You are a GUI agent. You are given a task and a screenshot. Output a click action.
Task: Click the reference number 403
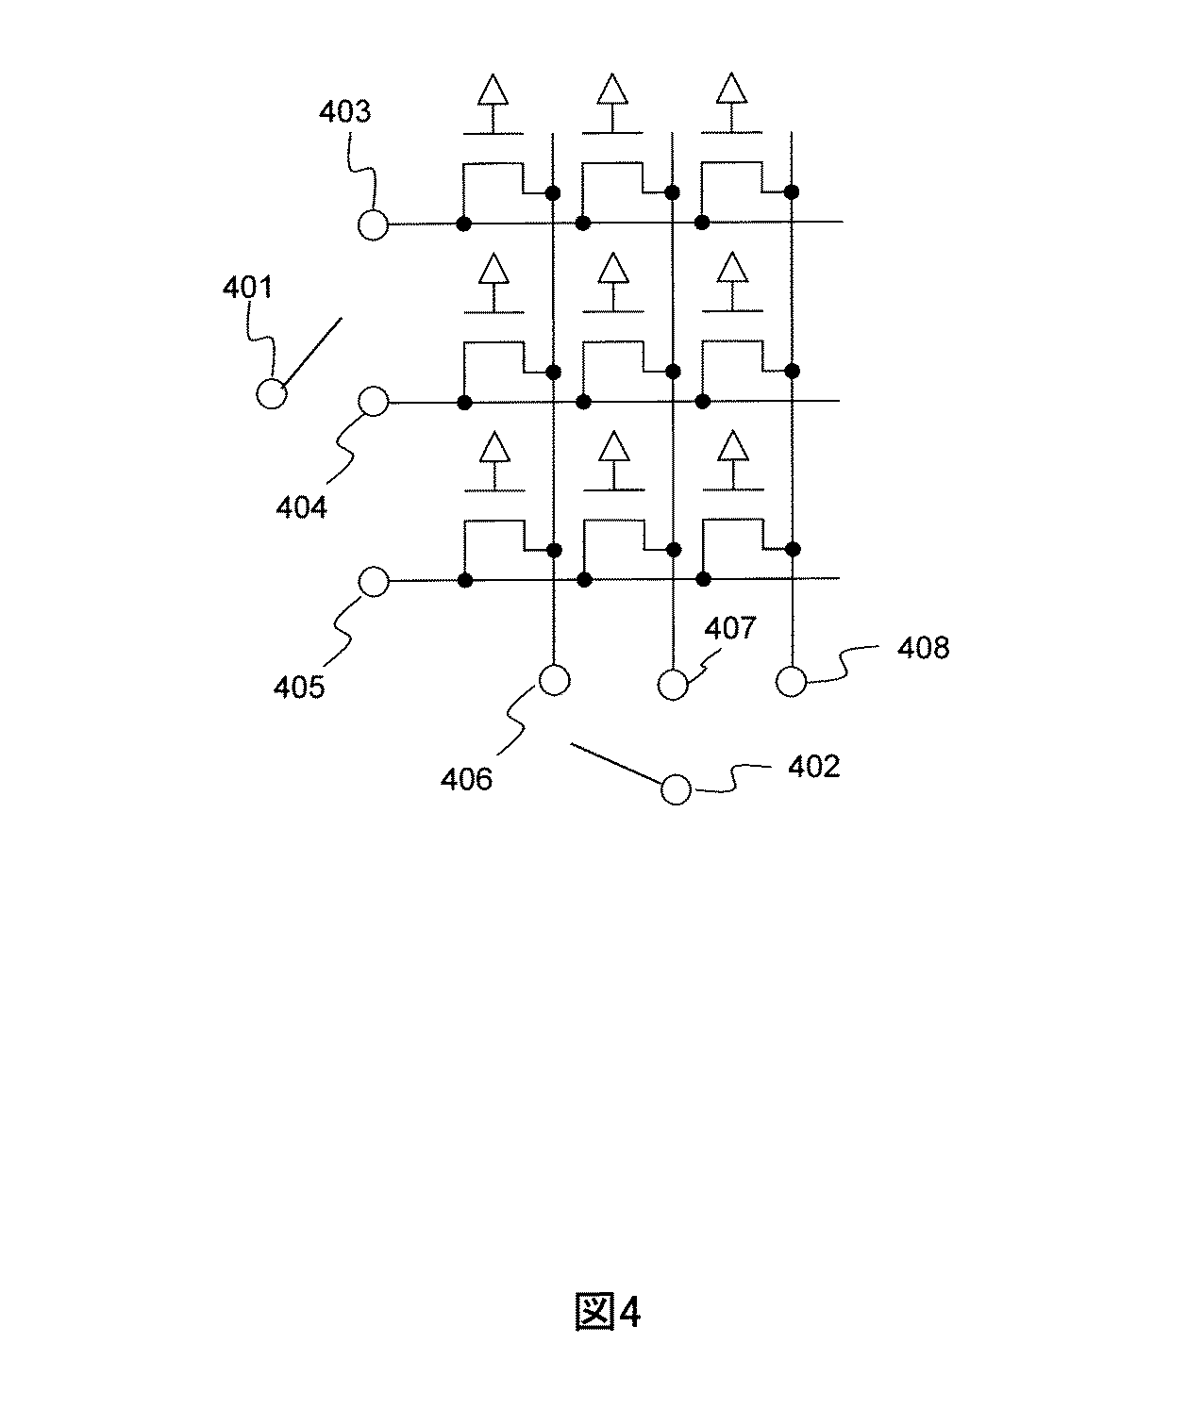coord(344,112)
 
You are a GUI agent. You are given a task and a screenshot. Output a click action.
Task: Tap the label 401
coord(247,288)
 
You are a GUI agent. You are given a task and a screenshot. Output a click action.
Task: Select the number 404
coord(301,507)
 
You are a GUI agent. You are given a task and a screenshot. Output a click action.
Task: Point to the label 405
coord(299,687)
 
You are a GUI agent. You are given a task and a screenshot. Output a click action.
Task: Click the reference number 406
coord(467,779)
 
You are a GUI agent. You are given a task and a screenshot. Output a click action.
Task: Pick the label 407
coord(730,628)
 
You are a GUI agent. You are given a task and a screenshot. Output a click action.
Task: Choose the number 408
coord(923,648)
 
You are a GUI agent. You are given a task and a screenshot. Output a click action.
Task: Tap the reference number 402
coord(813,766)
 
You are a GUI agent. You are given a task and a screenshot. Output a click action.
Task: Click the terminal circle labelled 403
coord(374,224)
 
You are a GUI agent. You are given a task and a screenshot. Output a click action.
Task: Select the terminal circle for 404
coord(374,403)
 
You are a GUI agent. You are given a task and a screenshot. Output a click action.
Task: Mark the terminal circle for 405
coord(374,582)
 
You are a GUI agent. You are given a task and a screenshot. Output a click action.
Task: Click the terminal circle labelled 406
coord(554,679)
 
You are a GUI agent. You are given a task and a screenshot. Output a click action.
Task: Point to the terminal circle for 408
coord(792,680)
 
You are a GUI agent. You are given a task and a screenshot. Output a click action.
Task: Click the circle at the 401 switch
coord(272,393)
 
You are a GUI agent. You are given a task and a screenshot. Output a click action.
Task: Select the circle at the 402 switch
coord(676,789)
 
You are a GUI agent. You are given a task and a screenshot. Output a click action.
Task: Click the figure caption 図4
coord(608,1312)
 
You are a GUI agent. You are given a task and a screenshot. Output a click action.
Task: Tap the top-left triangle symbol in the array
coord(492,91)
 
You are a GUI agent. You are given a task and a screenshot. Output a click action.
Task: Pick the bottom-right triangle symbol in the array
coord(730,446)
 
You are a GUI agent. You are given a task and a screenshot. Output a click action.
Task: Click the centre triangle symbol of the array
coord(613,269)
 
